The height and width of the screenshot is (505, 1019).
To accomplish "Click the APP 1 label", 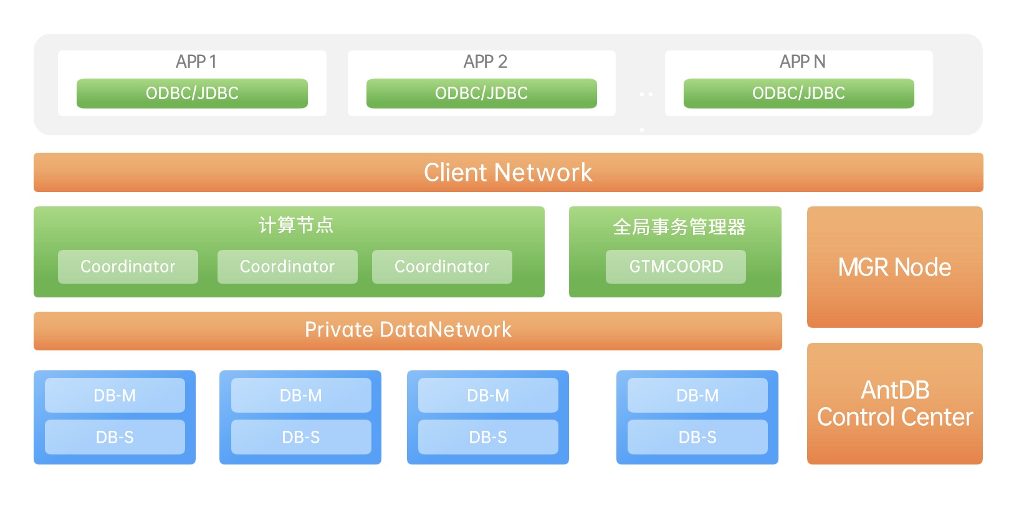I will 196,62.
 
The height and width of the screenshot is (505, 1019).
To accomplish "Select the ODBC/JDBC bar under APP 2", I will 481,94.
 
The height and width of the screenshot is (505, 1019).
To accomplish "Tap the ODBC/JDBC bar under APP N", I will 798,94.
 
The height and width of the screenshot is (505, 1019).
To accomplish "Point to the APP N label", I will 802,62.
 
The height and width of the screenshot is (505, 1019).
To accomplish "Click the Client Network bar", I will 508,172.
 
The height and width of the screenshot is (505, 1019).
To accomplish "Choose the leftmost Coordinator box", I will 128,267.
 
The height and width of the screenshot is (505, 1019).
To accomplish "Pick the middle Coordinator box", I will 287,267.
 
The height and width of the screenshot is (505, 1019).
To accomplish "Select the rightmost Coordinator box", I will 442,267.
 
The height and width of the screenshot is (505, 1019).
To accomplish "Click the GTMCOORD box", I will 676,267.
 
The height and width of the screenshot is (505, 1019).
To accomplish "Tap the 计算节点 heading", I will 296,225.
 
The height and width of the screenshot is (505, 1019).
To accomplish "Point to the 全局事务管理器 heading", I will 679,227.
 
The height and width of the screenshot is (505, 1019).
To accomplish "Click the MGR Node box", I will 894,267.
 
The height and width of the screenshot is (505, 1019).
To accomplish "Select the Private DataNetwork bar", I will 408,330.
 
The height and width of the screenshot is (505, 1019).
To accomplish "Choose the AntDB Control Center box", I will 894,403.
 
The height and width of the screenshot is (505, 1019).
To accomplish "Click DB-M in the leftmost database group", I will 115,395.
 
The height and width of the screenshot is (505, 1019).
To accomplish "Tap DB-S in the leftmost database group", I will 115,437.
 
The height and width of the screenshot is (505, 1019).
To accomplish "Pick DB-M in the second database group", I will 301,395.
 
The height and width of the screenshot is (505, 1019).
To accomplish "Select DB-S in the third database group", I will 488,437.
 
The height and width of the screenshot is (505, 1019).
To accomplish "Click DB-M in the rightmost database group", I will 697,395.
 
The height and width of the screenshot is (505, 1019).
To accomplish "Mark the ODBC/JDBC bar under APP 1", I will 192,94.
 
